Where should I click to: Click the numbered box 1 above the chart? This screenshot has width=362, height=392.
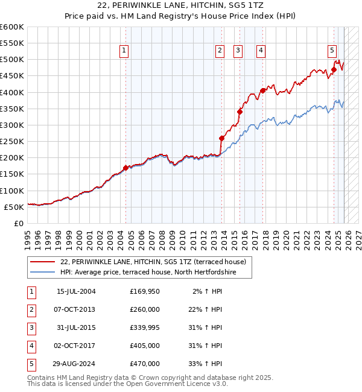click(124, 51)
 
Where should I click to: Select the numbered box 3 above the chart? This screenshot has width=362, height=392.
click(238, 51)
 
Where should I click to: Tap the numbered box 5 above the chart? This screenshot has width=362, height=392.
click(332, 51)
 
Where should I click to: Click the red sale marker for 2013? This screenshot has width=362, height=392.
click(221, 138)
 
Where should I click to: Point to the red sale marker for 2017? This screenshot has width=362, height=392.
click(262, 91)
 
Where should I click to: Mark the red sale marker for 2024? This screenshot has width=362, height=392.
click(334, 69)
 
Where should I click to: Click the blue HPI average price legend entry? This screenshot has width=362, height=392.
click(147, 273)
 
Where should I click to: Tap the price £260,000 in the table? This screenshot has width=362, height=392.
click(145, 309)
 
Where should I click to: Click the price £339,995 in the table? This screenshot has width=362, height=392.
click(145, 327)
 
